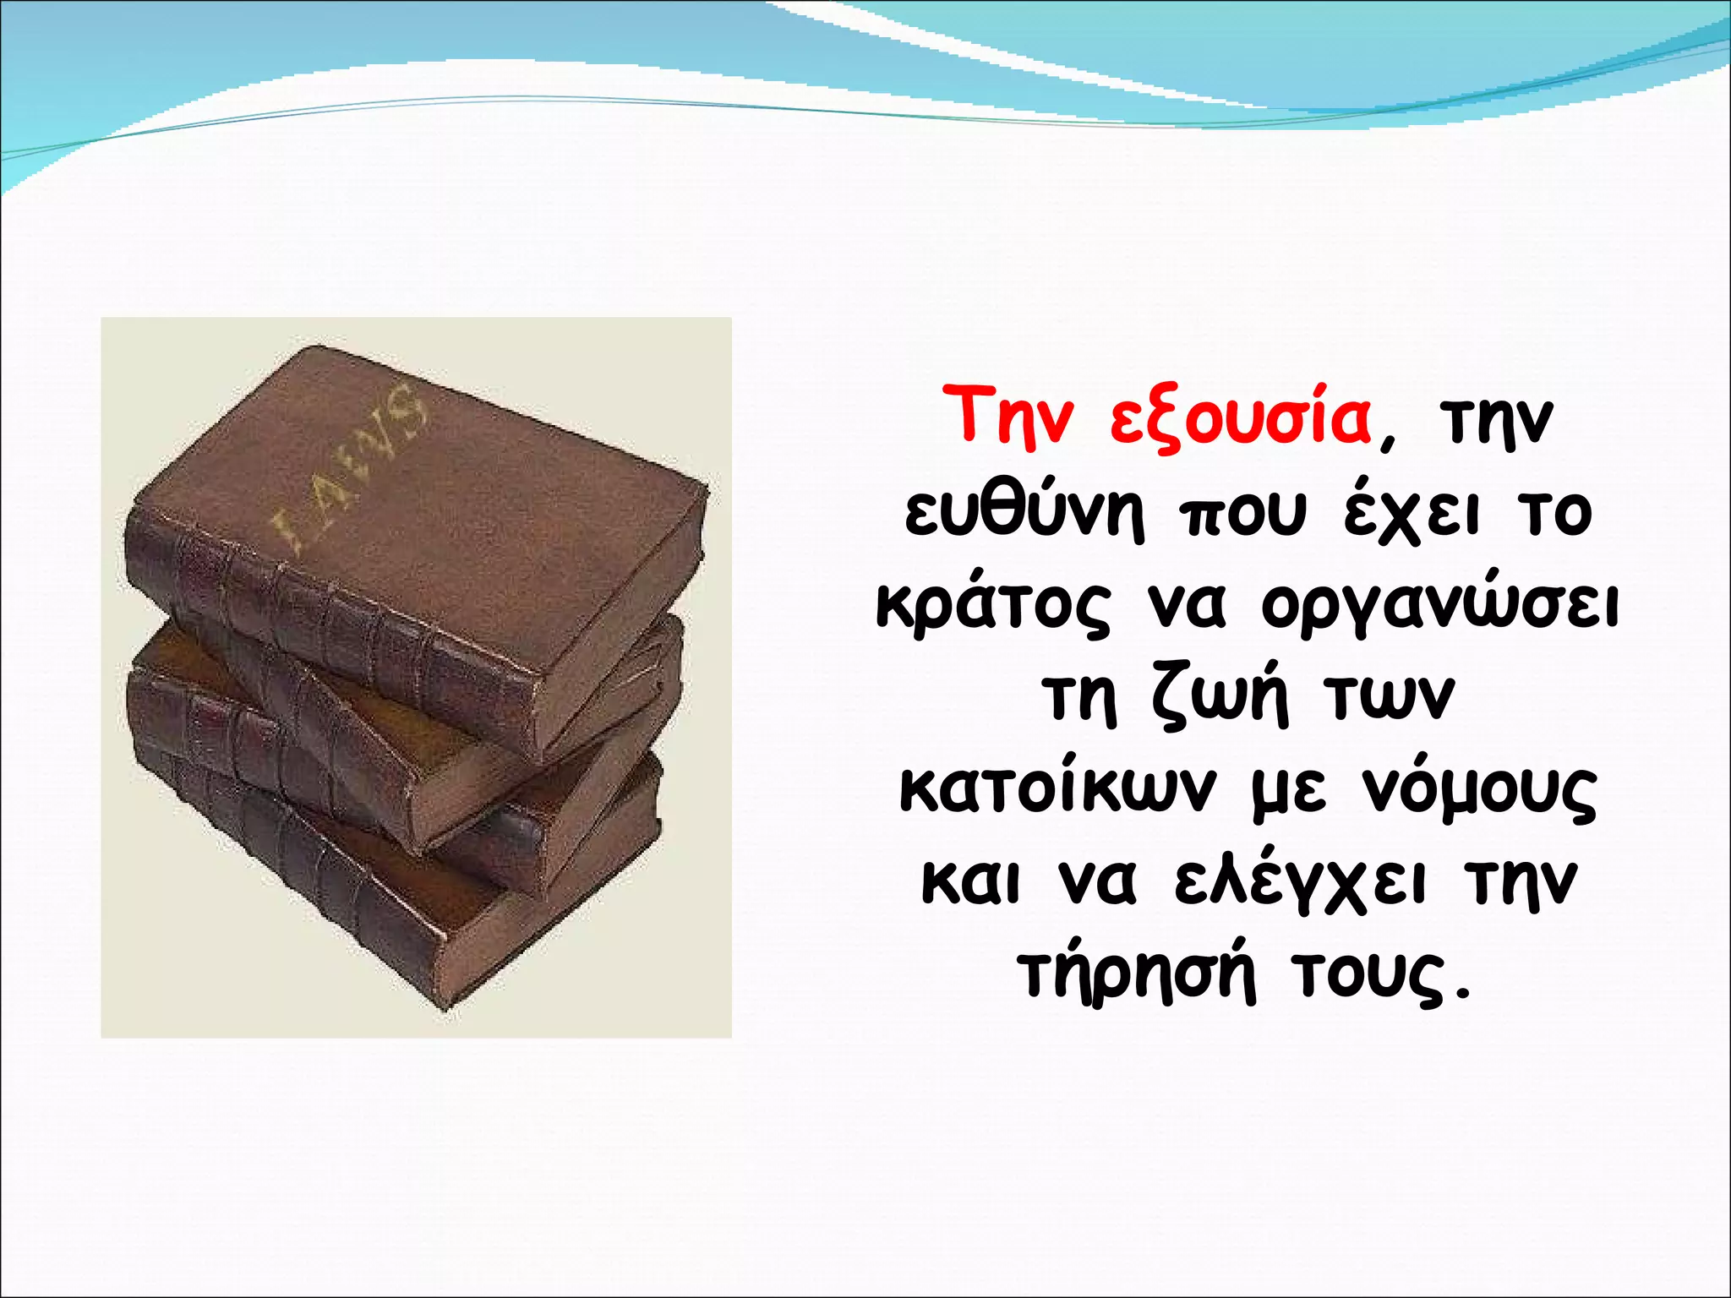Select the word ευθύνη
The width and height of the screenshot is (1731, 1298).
click(1025, 513)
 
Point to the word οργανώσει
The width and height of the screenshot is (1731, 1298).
click(1439, 607)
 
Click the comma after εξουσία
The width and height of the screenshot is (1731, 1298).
click(1387, 443)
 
